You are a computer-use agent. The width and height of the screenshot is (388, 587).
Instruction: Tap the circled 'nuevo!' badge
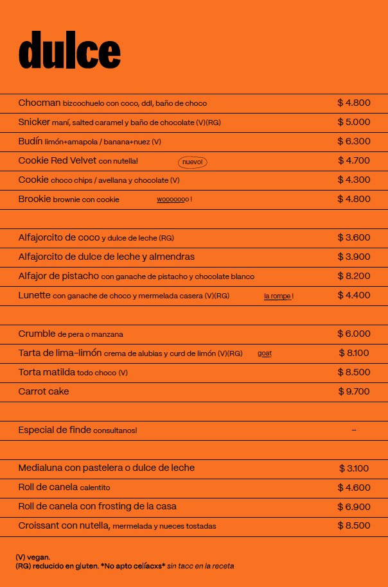point(193,162)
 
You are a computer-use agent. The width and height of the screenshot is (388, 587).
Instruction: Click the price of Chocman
point(354,103)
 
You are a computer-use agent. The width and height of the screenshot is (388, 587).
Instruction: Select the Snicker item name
point(34,122)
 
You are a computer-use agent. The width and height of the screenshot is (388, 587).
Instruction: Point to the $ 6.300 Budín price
point(354,141)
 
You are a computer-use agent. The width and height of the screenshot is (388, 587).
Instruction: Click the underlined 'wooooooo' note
point(173,200)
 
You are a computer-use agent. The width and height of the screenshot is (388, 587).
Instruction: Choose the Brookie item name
point(34,199)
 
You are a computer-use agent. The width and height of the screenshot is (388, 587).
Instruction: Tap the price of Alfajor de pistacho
point(354,276)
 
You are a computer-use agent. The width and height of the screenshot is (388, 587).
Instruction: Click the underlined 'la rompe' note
point(278,296)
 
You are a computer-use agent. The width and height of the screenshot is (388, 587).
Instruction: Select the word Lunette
point(34,295)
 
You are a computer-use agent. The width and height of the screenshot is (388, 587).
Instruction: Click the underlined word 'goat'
point(265,353)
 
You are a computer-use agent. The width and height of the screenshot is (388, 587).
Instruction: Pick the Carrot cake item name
point(44,391)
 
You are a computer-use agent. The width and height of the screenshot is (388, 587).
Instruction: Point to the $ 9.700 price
point(354,391)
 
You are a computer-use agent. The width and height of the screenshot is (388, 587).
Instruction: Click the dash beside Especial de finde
point(354,430)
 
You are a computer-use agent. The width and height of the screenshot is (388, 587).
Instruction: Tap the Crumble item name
point(37,334)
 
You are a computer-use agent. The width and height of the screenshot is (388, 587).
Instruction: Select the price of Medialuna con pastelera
point(354,468)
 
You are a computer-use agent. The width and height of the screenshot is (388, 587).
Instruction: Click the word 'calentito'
point(95,488)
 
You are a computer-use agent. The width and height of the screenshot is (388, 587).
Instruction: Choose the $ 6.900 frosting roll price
point(354,507)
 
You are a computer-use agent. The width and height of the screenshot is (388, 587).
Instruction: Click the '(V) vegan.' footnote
point(33,557)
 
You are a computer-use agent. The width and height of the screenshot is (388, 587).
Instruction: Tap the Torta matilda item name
point(47,372)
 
